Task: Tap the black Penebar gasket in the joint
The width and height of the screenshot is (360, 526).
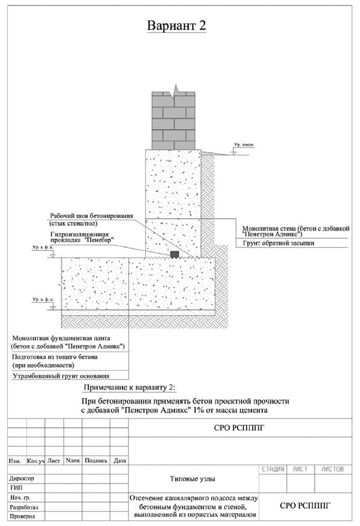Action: point(174,255)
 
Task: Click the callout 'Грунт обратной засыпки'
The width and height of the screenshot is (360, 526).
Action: point(278,243)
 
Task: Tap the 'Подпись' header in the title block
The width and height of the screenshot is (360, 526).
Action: point(96,461)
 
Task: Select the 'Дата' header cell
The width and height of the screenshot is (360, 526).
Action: point(120,461)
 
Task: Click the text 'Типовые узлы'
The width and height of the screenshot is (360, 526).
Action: point(193,479)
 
